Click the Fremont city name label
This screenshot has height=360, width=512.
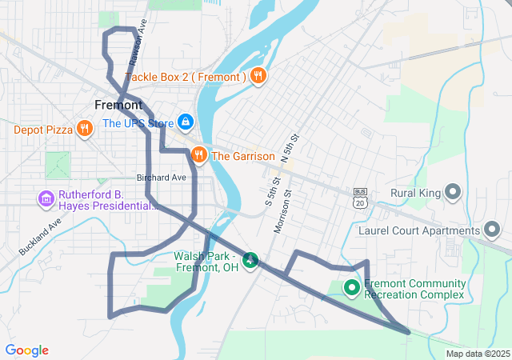point(118,105)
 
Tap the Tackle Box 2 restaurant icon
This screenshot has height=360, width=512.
point(258,77)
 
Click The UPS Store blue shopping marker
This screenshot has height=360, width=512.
point(185,122)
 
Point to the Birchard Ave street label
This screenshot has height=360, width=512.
point(161,177)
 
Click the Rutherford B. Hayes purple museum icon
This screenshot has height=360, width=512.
point(46,198)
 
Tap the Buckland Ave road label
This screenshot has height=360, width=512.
point(41,236)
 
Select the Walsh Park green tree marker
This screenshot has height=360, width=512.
point(250,260)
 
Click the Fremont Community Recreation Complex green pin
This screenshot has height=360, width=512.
point(351,287)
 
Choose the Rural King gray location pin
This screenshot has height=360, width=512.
point(453,192)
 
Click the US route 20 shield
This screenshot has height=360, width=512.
point(360,198)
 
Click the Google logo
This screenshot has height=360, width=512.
point(26,350)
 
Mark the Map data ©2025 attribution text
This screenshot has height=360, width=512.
point(477,354)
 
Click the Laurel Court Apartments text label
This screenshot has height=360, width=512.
point(417,231)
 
